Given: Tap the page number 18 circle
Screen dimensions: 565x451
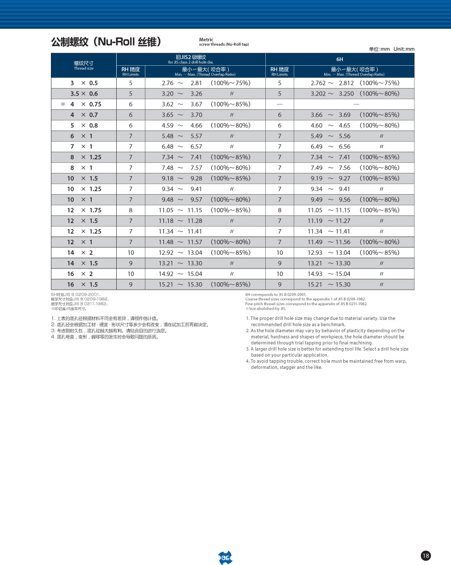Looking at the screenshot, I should click(x=426, y=555).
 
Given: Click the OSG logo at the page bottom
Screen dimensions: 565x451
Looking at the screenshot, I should click(x=225, y=557).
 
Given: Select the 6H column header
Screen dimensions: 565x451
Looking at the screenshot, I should click(x=340, y=59).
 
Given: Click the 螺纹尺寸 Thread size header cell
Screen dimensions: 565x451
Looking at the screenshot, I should click(x=83, y=65).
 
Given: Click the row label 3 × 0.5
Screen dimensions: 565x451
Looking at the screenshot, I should click(x=84, y=83).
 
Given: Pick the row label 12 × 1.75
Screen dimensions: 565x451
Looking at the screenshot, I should click(x=84, y=211).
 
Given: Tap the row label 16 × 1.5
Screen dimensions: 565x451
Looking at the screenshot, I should click(x=82, y=285).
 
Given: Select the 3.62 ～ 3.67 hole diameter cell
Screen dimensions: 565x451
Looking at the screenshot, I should click(x=182, y=105).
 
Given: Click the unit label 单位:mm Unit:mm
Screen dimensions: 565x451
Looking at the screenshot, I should click(x=392, y=49).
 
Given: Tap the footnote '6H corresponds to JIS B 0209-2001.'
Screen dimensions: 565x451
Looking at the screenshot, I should click(x=276, y=294).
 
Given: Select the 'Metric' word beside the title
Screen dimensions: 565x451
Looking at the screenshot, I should click(x=206, y=40).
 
